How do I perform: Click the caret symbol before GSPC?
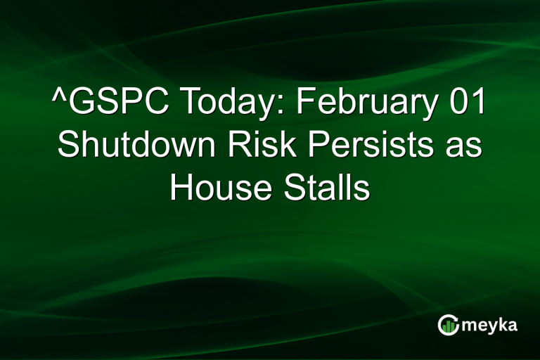pyautogui.click(x=60, y=98)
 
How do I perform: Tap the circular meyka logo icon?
pyautogui.click(x=448, y=324)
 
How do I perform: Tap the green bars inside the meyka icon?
pyautogui.click(x=449, y=326)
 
